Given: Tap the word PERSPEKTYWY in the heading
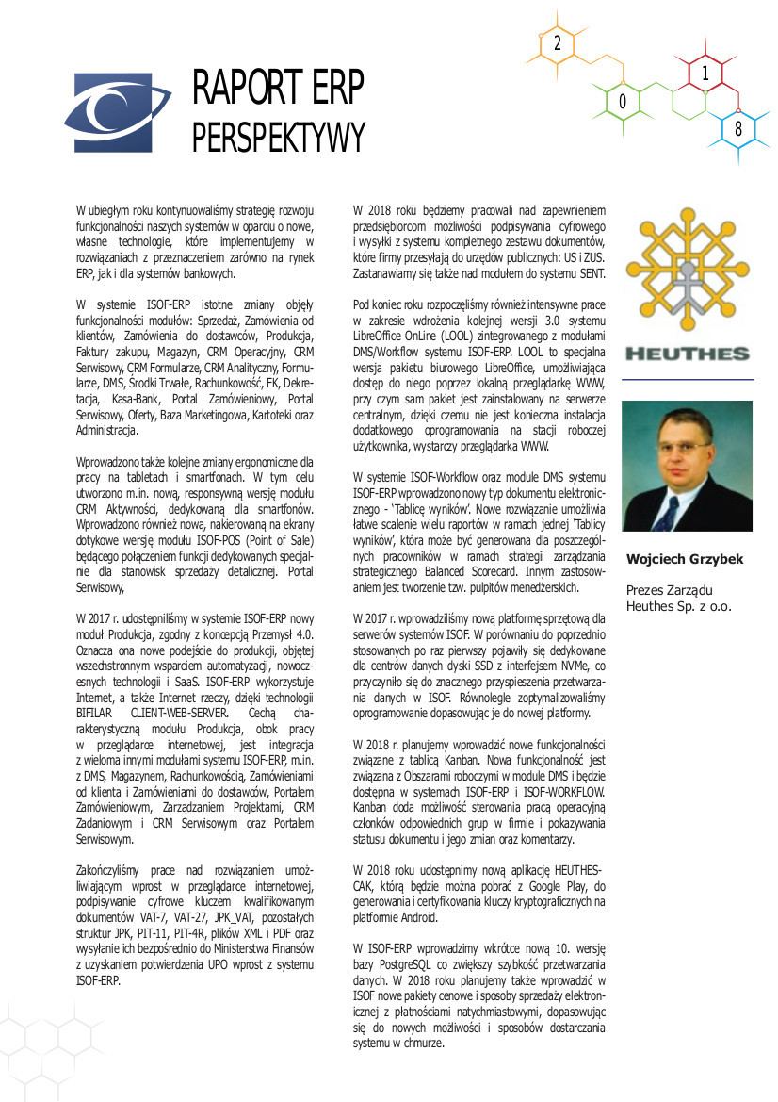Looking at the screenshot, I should [x=278, y=138].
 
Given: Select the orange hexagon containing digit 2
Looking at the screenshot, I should [x=558, y=43].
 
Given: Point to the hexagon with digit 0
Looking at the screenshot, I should [x=624, y=102].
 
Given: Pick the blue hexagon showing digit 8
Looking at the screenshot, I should [x=738, y=131].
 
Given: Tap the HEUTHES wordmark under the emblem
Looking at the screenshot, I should [x=688, y=355].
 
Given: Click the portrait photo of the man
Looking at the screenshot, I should [x=688, y=468].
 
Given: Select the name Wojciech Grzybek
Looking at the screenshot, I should [x=685, y=559].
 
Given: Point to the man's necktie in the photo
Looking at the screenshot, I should [x=670, y=514].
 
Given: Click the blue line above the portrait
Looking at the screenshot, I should [x=688, y=379].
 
